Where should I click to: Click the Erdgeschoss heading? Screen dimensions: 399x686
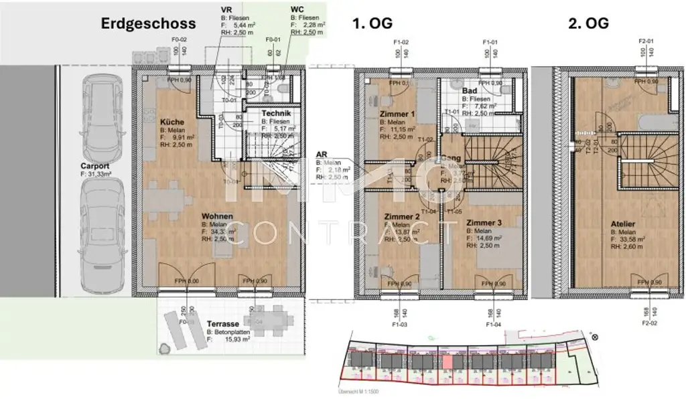tap(148, 23)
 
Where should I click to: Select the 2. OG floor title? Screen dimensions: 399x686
tap(588, 23)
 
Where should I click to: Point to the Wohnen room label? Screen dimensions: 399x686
tap(218, 216)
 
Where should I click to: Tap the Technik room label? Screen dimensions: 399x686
tap(276, 114)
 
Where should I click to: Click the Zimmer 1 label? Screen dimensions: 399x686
tap(398, 114)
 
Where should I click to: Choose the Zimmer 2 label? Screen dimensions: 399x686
tap(402, 216)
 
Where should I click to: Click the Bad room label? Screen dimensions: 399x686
tap(470, 90)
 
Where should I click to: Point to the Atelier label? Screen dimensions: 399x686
tap(623, 224)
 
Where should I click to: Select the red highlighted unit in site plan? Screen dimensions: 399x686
tap(448, 361)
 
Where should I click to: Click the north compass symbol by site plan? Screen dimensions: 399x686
tap(594, 337)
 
